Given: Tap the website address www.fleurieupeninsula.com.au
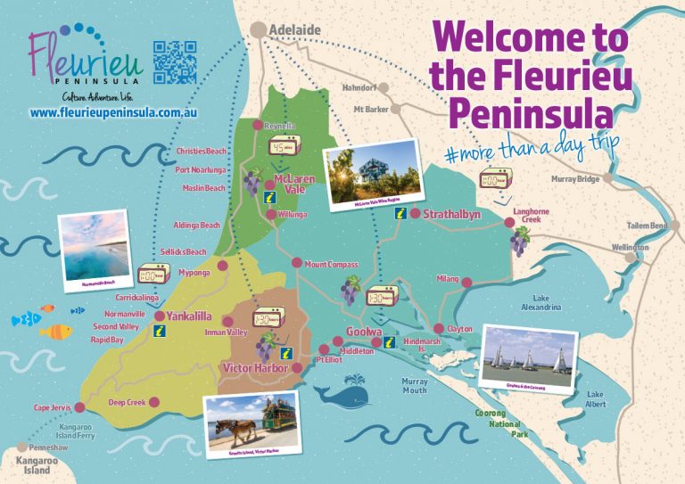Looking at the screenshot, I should coord(112,114).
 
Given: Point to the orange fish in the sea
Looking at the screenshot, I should coord(57,332).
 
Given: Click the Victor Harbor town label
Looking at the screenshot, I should coord(254,367).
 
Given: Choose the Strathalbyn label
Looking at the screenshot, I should coord(452,215).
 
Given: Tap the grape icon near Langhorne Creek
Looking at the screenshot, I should coord(518,241).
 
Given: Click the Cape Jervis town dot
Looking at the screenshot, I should coord(79,407).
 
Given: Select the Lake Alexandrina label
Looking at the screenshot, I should coord(541,302).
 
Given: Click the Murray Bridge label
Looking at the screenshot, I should coord(574,179).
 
